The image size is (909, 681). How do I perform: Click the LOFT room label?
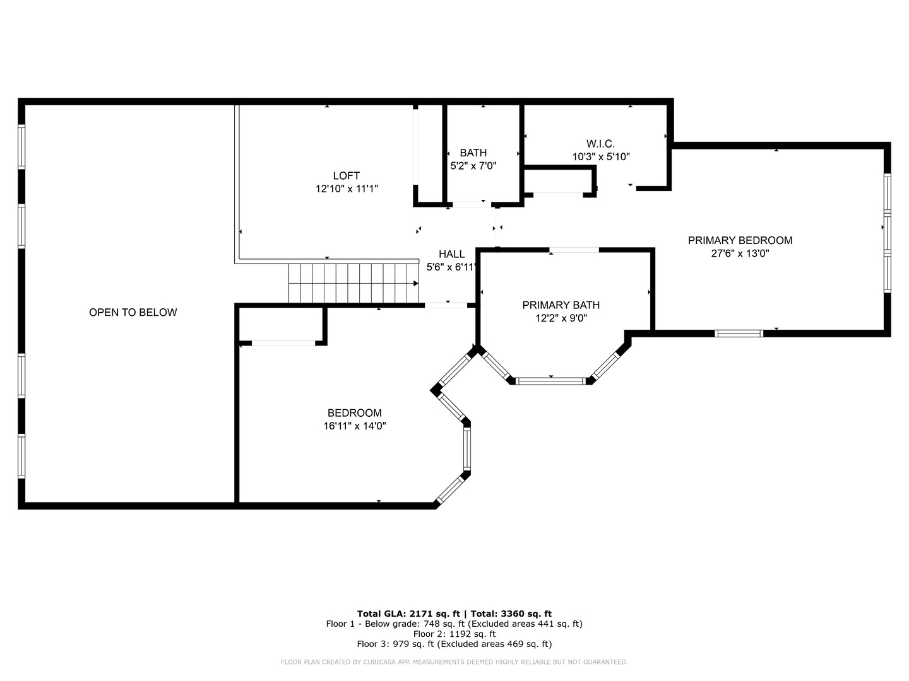tap(346, 176)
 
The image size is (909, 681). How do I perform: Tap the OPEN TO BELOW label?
tap(133, 312)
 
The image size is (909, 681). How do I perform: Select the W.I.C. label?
tap(600, 144)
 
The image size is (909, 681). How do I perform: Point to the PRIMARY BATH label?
tap(561, 305)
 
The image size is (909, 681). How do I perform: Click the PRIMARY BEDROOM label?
tap(740, 240)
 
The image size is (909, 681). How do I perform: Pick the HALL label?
tap(451, 254)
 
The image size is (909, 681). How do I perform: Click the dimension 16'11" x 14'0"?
tap(355, 426)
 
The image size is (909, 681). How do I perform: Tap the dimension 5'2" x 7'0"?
tap(473, 166)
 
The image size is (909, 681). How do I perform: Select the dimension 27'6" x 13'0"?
tap(740, 253)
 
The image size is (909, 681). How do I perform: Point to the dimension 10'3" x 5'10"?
tap(601, 157)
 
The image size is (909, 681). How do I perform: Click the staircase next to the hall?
tap(353, 283)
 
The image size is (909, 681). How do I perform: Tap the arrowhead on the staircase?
tap(416, 283)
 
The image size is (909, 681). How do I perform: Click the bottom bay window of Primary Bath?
tap(551, 381)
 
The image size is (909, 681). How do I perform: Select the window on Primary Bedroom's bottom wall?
tap(739, 334)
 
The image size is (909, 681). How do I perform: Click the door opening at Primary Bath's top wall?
tap(574, 250)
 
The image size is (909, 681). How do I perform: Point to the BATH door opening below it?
tap(472, 204)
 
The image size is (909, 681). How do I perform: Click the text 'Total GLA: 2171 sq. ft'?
tap(408, 614)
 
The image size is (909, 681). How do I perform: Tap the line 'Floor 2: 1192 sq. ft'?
tap(454, 634)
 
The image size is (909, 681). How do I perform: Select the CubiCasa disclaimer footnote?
tap(454, 662)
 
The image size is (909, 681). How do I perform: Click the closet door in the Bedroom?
tap(283, 343)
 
